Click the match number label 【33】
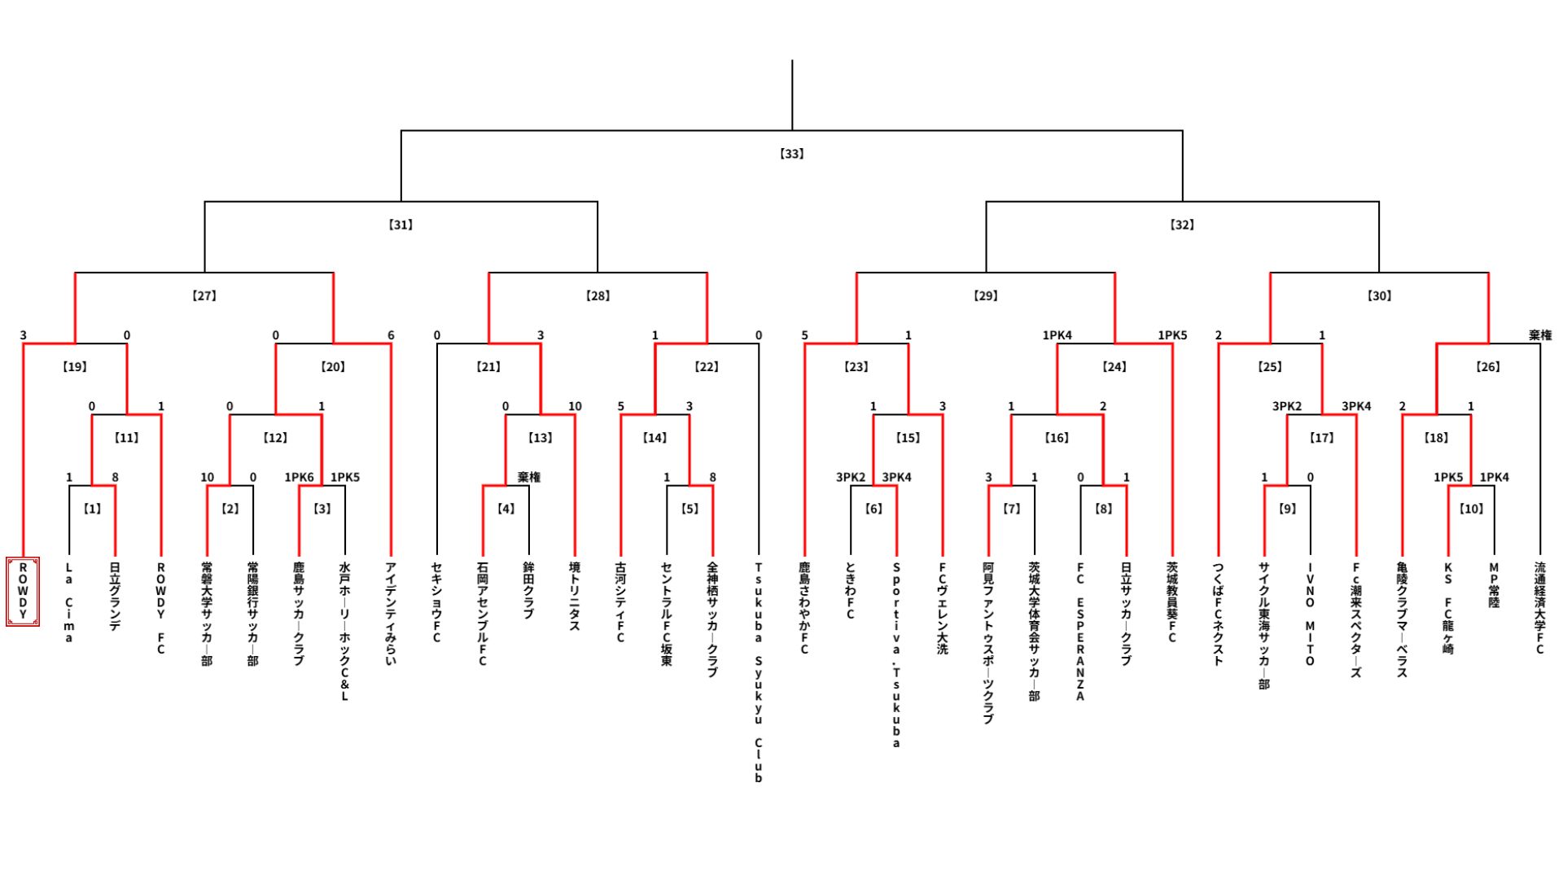coord(791,153)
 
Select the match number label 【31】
coord(401,225)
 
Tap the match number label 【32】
coord(1182,225)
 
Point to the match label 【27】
coord(204,295)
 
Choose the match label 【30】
coord(1379,295)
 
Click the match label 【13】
coord(541,438)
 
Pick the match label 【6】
coord(873,509)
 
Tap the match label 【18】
coord(1436,438)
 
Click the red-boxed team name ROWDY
coord(23,592)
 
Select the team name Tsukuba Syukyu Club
coord(758,672)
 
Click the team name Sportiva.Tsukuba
coord(896,654)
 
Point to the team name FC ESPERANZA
coord(1080,632)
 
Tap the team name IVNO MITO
coord(1310,614)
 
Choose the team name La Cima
coord(69,602)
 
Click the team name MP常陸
coord(1494,585)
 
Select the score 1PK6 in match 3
coord(299,478)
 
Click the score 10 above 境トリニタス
coord(575,406)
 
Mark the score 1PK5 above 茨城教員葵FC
coord(1172,335)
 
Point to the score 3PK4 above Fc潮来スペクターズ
coord(1356,406)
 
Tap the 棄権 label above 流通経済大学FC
coord(1539,335)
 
